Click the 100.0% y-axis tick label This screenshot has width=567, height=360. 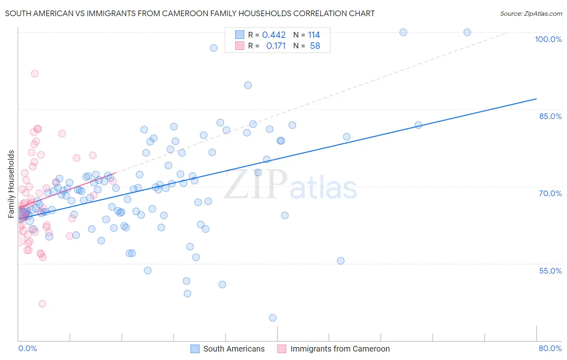tap(548, 39)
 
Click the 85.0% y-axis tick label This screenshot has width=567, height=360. tap(550, 116)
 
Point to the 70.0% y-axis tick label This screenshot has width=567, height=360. tap(550, 193)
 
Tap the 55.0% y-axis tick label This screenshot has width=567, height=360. tap(550, 271)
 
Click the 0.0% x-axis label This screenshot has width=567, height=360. tap(27, 348)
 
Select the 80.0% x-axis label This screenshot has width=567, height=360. tap(550, 348)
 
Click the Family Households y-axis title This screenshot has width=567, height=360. tap(11, 184)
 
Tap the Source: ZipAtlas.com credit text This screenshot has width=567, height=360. tap(531, 13)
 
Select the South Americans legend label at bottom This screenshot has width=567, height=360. tap(234, 349)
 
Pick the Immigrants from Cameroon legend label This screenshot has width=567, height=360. tap(340, 349)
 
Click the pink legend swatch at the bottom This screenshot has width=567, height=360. tap(282, 349)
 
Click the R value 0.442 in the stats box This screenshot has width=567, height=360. tap(274, 35)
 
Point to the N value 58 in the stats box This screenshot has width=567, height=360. tap(315, 46)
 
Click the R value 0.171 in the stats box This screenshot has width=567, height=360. tap(276, 46)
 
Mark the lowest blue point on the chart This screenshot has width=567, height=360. tap(273, 318)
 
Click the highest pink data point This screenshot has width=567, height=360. tap(35, 73)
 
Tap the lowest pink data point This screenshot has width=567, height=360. tap(42, 303)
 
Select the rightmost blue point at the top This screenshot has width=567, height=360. tap(467, 32)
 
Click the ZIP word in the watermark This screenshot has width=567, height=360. tap(256, 184)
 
